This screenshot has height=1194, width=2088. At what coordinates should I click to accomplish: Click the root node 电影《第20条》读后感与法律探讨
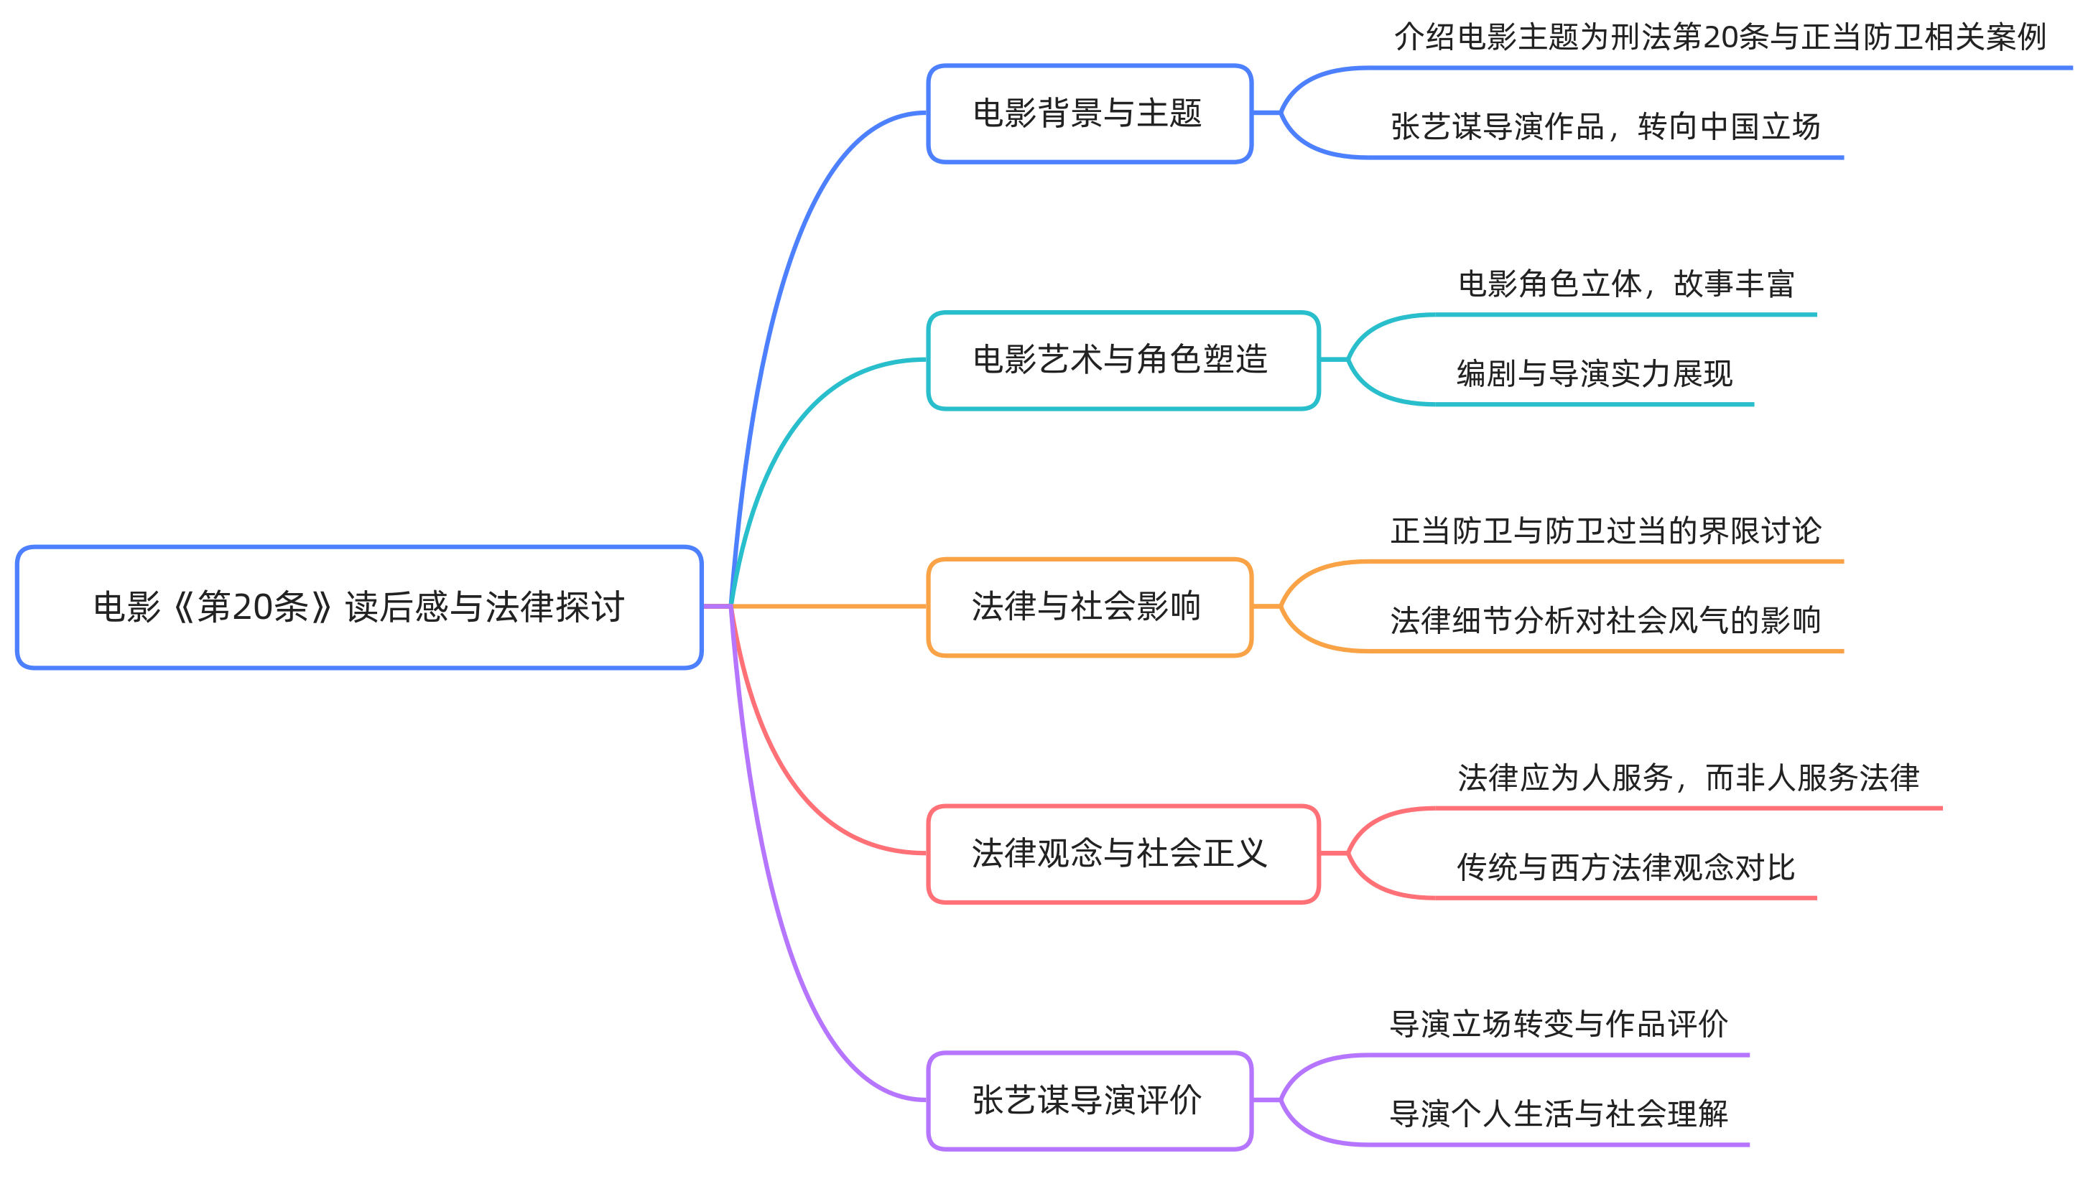pos(358,607)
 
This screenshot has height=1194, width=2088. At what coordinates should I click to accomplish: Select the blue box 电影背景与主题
pos(1088,114)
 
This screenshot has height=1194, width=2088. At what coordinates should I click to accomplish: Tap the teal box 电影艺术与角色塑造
pos(1122,360)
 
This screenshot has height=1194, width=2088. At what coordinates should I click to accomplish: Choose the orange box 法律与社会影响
pos(1088,607)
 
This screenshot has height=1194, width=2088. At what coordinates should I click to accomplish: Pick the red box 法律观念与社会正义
pos(1122,854)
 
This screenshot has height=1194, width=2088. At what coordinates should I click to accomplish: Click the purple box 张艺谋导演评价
pos(1088,1101)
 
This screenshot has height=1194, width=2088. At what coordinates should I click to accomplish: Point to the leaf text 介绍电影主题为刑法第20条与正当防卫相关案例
pos(1720,37)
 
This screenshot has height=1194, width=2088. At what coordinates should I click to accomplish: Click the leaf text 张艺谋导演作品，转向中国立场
pos(1605,127)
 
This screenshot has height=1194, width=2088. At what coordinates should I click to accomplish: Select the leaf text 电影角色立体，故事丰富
pos(1625,284)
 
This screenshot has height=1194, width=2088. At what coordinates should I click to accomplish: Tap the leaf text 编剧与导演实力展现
pos(1595,374)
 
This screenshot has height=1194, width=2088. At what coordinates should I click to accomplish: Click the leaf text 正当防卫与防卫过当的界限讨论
pos(1605,531)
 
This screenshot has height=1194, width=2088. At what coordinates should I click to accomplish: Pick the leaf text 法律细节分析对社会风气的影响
pos(1605,621)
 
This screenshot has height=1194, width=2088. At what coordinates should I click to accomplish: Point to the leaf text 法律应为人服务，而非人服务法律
pos(1688,778)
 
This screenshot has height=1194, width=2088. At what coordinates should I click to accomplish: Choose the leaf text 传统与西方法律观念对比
pos(1625,867)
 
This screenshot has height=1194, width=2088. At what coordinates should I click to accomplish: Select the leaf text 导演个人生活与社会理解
pos(1558,1114)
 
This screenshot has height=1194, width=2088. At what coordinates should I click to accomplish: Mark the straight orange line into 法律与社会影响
pos(828,607)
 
